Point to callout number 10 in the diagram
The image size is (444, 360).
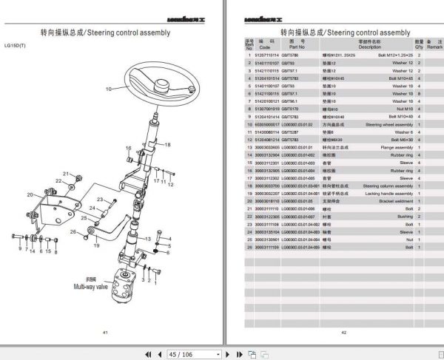tap(108, 89)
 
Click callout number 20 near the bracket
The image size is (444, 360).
tap(30, 195)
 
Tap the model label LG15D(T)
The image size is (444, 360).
tap(14, 46)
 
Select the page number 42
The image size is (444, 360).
tap(344, 333)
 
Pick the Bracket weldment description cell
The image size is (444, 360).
tap(387, 200)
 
